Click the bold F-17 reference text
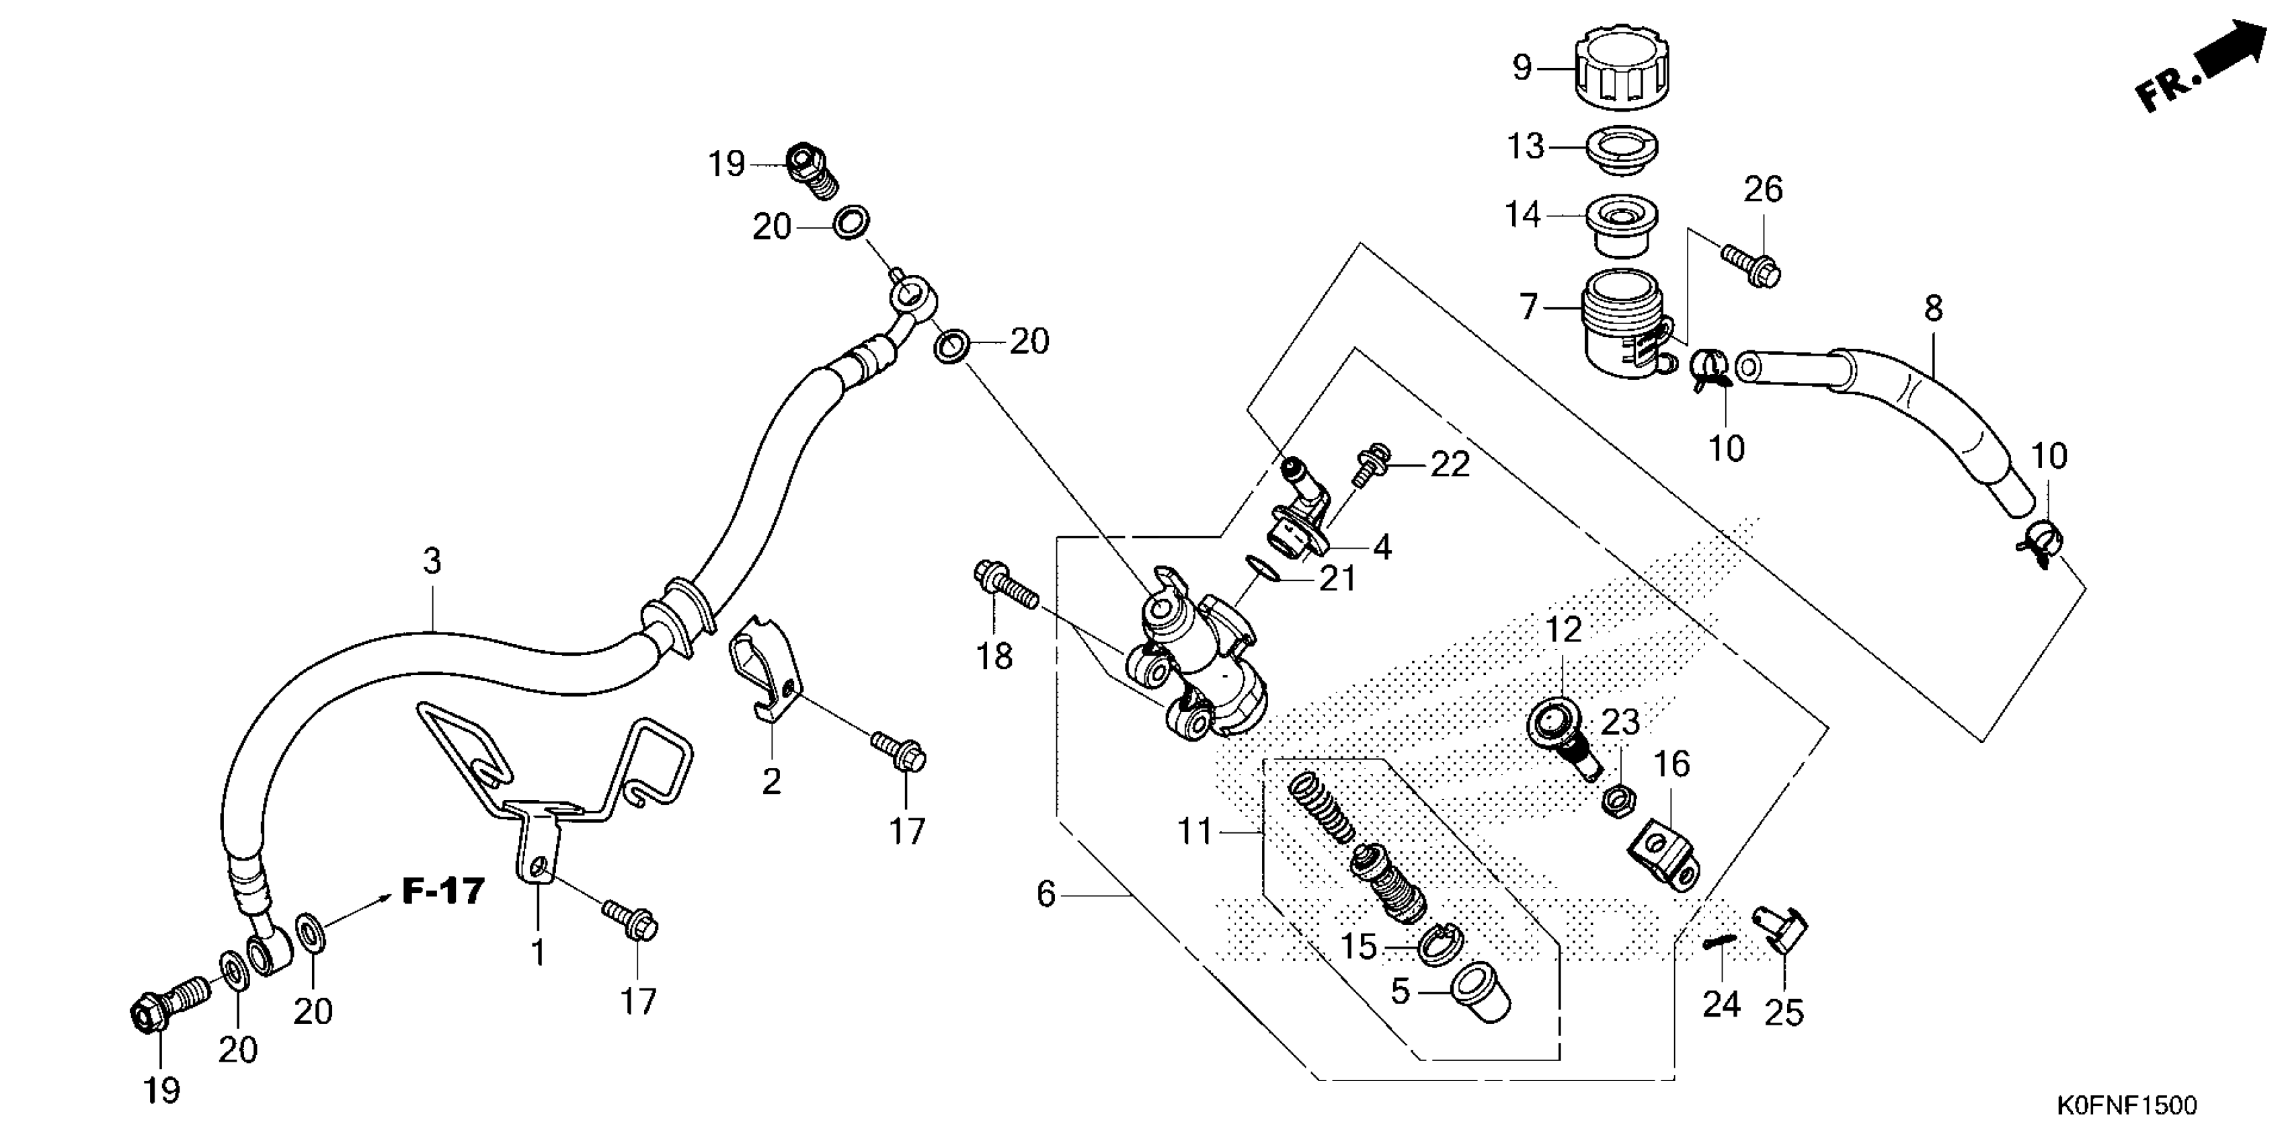pyautogui.click(x=444, y=890)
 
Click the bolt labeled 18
pyautogui.click(x=1007, y=585)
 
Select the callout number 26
pyautogui.click(x=1762, y=189)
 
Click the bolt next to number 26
pyautogui.click(x=1750, y=266)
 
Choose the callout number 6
pyautogui.click(x=1046, y=894)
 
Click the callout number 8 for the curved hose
pyautogui.click(x=1933, y=309)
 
